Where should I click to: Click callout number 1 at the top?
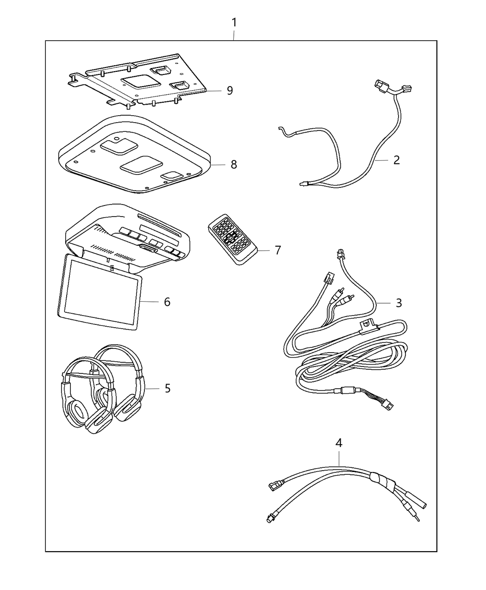[234, 22]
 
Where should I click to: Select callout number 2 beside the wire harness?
[396, 160]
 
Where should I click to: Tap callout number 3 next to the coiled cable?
[399, 303]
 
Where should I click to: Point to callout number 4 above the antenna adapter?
[339, 443]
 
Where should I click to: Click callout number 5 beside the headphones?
[167, 388]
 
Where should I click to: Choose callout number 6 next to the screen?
[167, 302]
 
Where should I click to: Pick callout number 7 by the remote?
[277, 250]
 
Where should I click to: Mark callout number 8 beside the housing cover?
[234, 164]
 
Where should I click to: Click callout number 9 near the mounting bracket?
[230, 90]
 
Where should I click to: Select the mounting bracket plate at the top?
[139, 81]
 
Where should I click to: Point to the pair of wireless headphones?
[102, 389]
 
